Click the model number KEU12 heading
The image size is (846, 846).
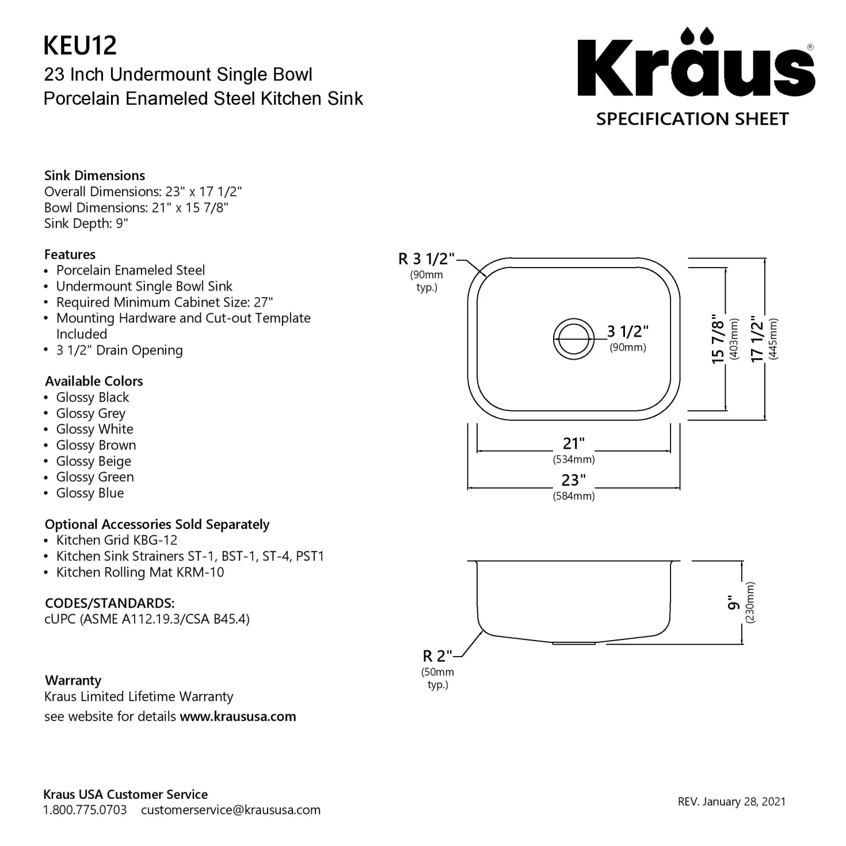click(x=80, y=45)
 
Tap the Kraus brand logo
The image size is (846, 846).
click(x=696, y=62)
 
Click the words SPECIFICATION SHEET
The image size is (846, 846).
click(x=692, y=119)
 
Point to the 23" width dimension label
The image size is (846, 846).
click(x=573, y=480)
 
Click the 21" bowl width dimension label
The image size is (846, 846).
click(x=573, y=443)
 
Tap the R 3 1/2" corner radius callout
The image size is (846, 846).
click(x=426, y=258)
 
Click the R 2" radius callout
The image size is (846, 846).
click(x=437, y=656)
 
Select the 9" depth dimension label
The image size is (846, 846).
click(x=732, y=603)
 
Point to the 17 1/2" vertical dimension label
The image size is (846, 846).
click(x=757, y=338)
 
